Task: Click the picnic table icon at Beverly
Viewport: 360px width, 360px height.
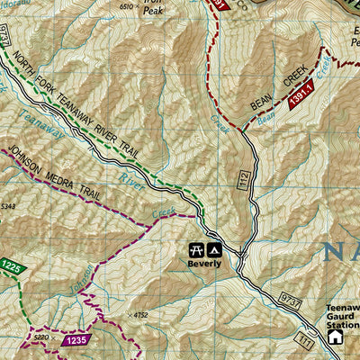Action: [x=195, y=249]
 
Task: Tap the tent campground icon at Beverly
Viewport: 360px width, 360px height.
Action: [x=213, y=249]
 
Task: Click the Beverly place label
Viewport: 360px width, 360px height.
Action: [x=204, y=264]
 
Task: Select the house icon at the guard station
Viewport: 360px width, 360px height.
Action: [x=336, y=337]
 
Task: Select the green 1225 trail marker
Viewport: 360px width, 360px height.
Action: [x=10, y=267]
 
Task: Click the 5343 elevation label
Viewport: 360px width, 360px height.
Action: [x=8, y=206]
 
